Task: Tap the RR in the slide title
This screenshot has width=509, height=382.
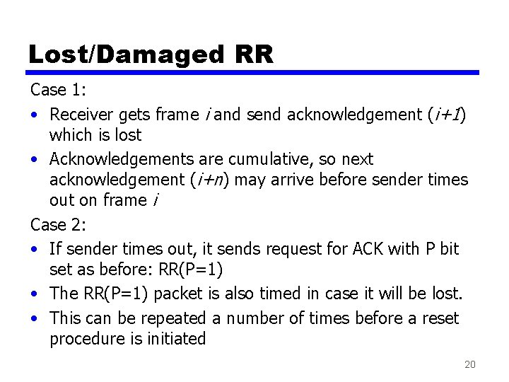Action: pos(251,54)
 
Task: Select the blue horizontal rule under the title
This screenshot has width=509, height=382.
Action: pos(253,72)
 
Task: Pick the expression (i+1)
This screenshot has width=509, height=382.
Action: pos(444,114)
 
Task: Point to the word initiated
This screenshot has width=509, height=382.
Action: pos(177,339)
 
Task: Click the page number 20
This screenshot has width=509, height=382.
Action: pos(469,364)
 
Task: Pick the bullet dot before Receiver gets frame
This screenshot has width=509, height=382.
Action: pos(35,115)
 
